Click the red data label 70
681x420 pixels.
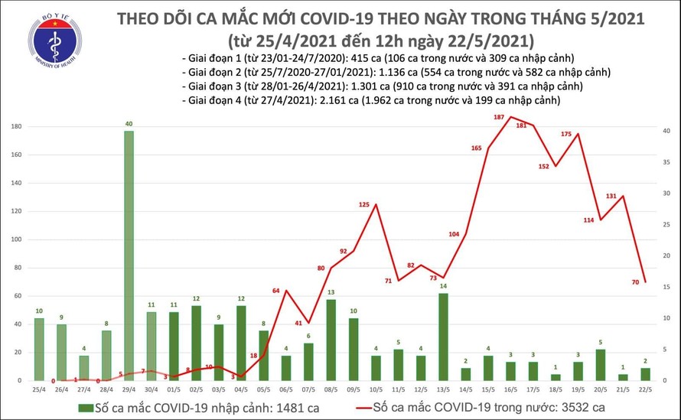635,282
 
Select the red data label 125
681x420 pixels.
363,205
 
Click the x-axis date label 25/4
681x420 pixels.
39,389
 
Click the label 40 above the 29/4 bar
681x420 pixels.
129,124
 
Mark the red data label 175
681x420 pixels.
566,135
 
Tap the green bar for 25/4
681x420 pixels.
39,349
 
